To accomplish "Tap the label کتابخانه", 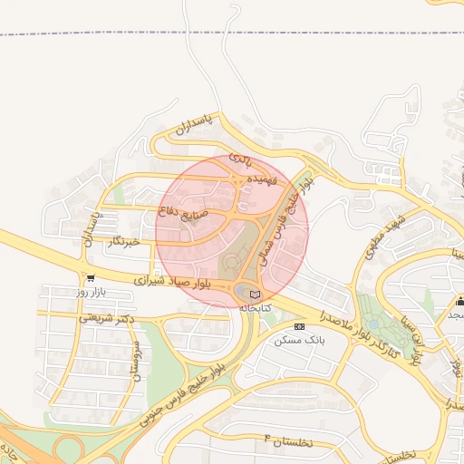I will [x=255, y=308].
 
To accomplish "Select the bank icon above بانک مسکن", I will [x=299, y=325].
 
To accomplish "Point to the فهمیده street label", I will [x=260, y=179].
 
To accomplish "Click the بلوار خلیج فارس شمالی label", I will [x=285, y=217].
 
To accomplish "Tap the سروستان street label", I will [x=138, y=362].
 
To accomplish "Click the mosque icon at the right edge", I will [x=459, y=301].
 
